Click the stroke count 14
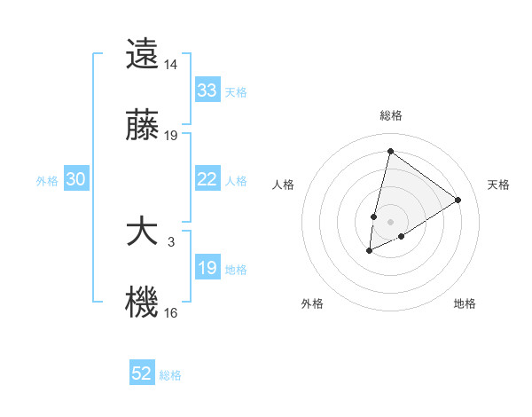coord(171,65)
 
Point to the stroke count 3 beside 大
coord(171,241)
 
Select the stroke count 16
coord(171,312)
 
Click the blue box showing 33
coord(207,90)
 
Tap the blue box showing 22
coord(207,179)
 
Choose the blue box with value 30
coord(76,179)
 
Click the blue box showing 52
coord(142,374)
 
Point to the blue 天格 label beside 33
coord(236,92)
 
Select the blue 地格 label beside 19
coord(236,270)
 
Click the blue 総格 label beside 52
coord(170,375)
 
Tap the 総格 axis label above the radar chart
coord(390,115)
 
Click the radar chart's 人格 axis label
coord(284,185)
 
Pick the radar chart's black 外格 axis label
coord(312,303)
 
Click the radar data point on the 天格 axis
coord(458,200)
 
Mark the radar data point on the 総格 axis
coord(390,151)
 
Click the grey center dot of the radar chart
coord(390,221)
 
